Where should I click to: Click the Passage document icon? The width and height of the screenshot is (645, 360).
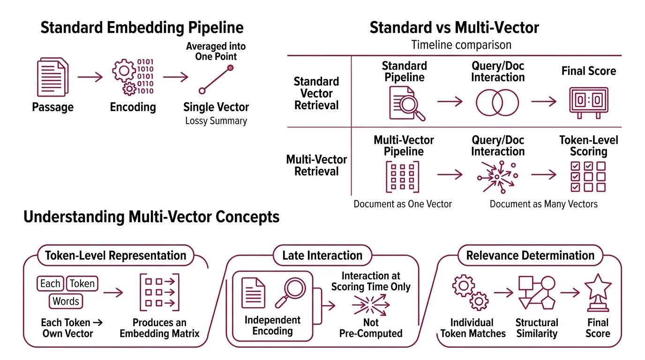point(52,77)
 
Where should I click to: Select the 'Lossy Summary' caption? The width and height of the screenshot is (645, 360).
point(216,121)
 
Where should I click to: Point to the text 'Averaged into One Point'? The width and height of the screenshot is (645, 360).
point(216,52)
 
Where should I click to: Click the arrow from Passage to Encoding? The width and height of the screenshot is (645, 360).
point(90,77)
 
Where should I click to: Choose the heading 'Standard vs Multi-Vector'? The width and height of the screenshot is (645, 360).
point(454,27)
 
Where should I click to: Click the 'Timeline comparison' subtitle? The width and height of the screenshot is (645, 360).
point(461,45)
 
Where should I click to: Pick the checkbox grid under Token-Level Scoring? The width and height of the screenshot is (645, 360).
point(588,177)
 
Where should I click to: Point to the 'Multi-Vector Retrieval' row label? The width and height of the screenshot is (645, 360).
point(316,165)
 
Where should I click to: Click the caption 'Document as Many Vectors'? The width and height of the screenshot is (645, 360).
point(543,204)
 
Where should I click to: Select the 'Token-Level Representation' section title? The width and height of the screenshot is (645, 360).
point(115,255)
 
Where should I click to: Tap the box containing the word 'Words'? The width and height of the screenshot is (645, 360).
point(66,301)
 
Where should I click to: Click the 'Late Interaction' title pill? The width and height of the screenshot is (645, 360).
point(322,255)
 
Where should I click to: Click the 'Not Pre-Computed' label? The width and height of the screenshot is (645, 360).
point(370,328)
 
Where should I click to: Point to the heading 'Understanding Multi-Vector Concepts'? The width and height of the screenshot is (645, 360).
point(151,217)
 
